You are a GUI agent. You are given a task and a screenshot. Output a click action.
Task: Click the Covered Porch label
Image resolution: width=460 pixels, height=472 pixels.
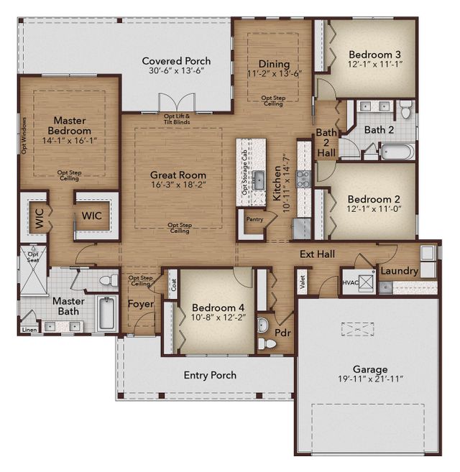pyautogui.click(x=176, y=61)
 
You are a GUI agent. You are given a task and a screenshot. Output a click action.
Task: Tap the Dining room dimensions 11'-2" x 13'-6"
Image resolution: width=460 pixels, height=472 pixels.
pyautogui.click(x=273, y=73)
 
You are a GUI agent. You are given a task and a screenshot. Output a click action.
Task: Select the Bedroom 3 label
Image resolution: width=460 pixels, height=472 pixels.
pyautogui.click(x=374, y=54)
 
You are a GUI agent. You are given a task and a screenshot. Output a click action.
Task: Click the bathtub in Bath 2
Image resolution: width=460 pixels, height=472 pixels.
pyautogui.click(x=397, y=152)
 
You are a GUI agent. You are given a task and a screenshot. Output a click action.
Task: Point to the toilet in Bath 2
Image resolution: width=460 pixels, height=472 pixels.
pyautogui.click(x=406, y=111)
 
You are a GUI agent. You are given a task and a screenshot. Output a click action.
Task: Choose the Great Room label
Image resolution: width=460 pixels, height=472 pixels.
pyautogui.click(x=178, y=175)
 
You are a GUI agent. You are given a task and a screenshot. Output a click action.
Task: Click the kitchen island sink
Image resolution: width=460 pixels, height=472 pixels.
pyautogui.click(x=257, y=178)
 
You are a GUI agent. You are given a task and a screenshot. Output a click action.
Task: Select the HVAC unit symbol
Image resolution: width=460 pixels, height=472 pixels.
pyautogui.click(x=366, y=282)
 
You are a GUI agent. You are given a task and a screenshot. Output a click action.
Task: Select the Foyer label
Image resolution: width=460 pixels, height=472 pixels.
pyautogui.click(x=141, y=304)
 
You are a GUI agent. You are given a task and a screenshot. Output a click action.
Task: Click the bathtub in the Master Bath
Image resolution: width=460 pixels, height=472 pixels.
pyautogui.click(x=106, y=313)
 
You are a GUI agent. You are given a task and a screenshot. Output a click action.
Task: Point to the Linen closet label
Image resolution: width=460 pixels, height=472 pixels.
pyautogui.click(x=29, y=330)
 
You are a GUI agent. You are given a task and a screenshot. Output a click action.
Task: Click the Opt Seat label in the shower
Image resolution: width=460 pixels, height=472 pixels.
pyautogui.click(x=33, y=257)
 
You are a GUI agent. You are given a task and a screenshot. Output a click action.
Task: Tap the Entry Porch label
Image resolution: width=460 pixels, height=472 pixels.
pyautogui.click(x=210, y=375)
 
